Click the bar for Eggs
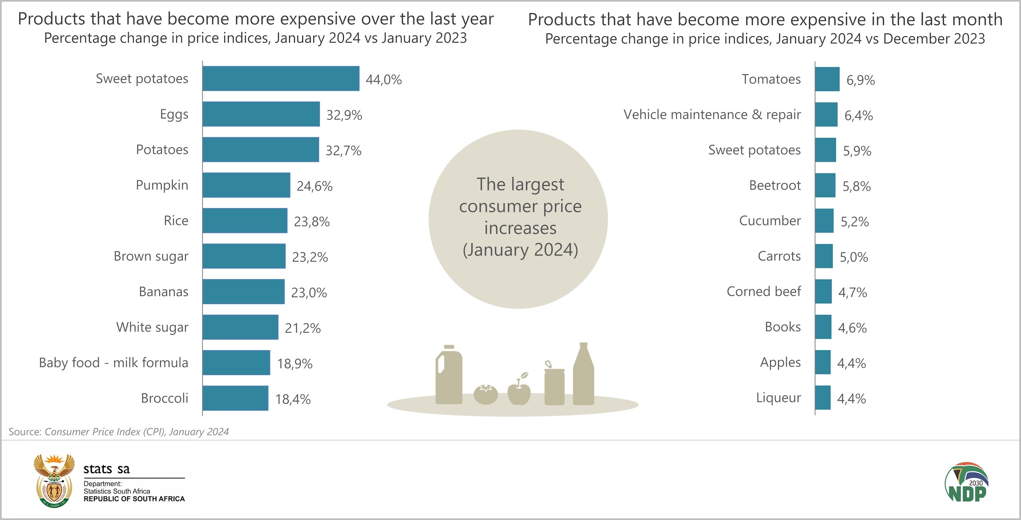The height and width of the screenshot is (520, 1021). pos(261,114)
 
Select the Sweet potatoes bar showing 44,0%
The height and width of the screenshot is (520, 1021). pos(281,78)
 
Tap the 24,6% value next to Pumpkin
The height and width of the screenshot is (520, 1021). pos(314,186)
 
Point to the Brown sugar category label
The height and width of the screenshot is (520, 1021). pos(151,256)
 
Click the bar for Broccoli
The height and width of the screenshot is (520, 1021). pos(235,398)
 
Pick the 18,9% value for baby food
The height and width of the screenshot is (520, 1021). pos(294,363)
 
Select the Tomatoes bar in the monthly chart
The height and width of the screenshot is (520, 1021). pos(827,79)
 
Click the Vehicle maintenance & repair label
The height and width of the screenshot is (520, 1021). pos(712,115)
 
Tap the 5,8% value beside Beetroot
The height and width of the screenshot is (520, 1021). pos(856,187)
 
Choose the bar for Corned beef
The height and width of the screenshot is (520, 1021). pos(823,291)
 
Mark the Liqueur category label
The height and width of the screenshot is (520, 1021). pos(778,398)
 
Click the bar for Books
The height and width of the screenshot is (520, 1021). pos(823,327)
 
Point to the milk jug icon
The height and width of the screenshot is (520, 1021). pos(448,375)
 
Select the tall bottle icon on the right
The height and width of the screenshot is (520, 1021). pos(583,375)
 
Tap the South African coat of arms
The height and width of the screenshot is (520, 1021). pos(54,480)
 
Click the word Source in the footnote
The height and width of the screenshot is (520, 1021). pos(25,432)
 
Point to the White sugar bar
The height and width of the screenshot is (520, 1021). pos(241,327)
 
